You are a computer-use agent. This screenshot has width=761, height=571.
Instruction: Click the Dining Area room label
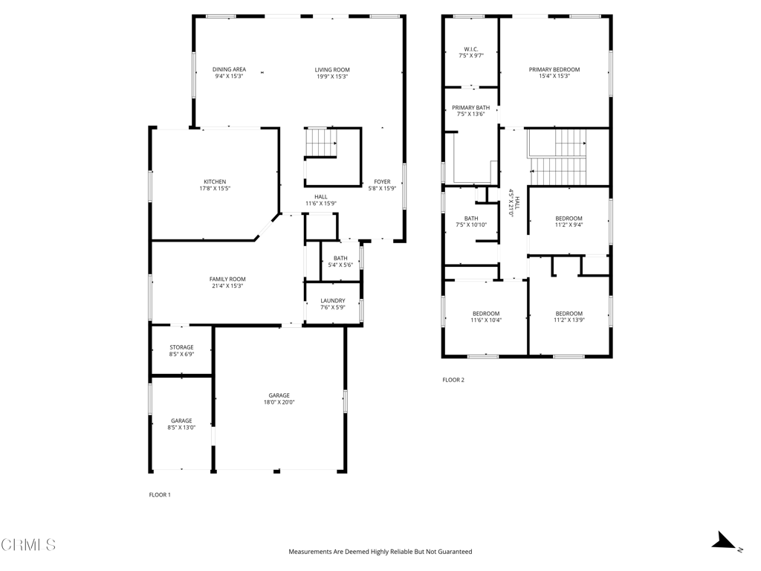point(229,69)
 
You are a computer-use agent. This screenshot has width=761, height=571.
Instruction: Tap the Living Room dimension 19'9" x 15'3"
point(331,77)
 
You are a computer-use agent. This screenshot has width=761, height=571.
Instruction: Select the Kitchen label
point(215,181)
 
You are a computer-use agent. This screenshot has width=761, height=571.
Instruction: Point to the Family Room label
point(227,279)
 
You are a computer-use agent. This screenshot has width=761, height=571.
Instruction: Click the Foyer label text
point(382,181)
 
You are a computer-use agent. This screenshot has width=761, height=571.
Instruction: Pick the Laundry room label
point(332,300)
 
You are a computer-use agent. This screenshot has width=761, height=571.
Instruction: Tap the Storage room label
point(181,347)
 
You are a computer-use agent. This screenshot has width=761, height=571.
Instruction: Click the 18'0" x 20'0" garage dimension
point(279,402)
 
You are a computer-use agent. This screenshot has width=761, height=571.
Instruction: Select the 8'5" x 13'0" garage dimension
point(181,428)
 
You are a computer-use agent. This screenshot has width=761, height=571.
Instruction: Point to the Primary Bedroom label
point(554,69)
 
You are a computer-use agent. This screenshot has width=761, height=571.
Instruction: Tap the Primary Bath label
point(470,107)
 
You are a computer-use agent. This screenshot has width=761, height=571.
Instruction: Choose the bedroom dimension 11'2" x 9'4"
point(569,225)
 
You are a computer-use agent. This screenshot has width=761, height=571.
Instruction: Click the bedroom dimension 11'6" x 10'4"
point(486,320)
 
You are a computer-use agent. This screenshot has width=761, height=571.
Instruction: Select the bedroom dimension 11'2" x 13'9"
point(569,320)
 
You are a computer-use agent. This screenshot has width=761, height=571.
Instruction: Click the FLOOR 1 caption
point(160,494)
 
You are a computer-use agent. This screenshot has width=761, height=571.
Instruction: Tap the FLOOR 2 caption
point(453,380)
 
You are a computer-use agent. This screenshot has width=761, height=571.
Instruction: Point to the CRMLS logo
point(28,545)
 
